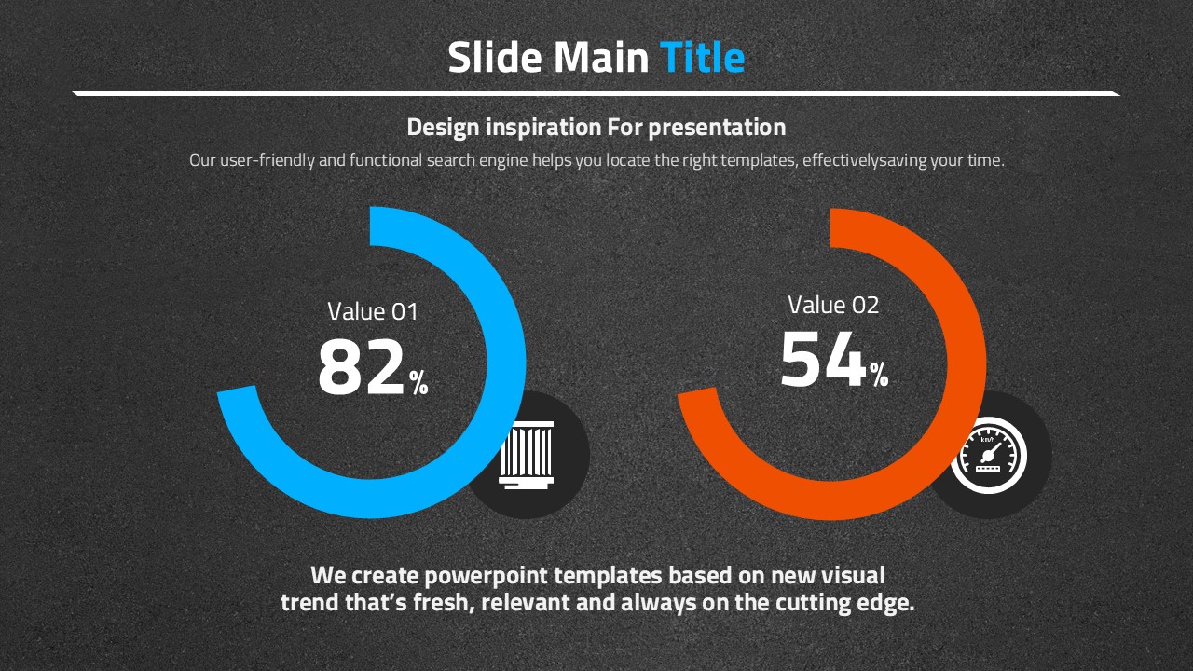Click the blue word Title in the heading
tap(702, 57)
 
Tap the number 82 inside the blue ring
tap(362, 367)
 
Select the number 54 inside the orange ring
tap(823, 360)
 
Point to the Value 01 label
tap(373, 311)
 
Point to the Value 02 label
tap(833, 305)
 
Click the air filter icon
tap(527, 456)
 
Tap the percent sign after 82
tap(418, 382)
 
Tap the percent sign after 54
tap(879, 375)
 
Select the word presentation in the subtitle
tap(717, 128)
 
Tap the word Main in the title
tap(601, 57)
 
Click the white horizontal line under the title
tap(596, 94)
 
